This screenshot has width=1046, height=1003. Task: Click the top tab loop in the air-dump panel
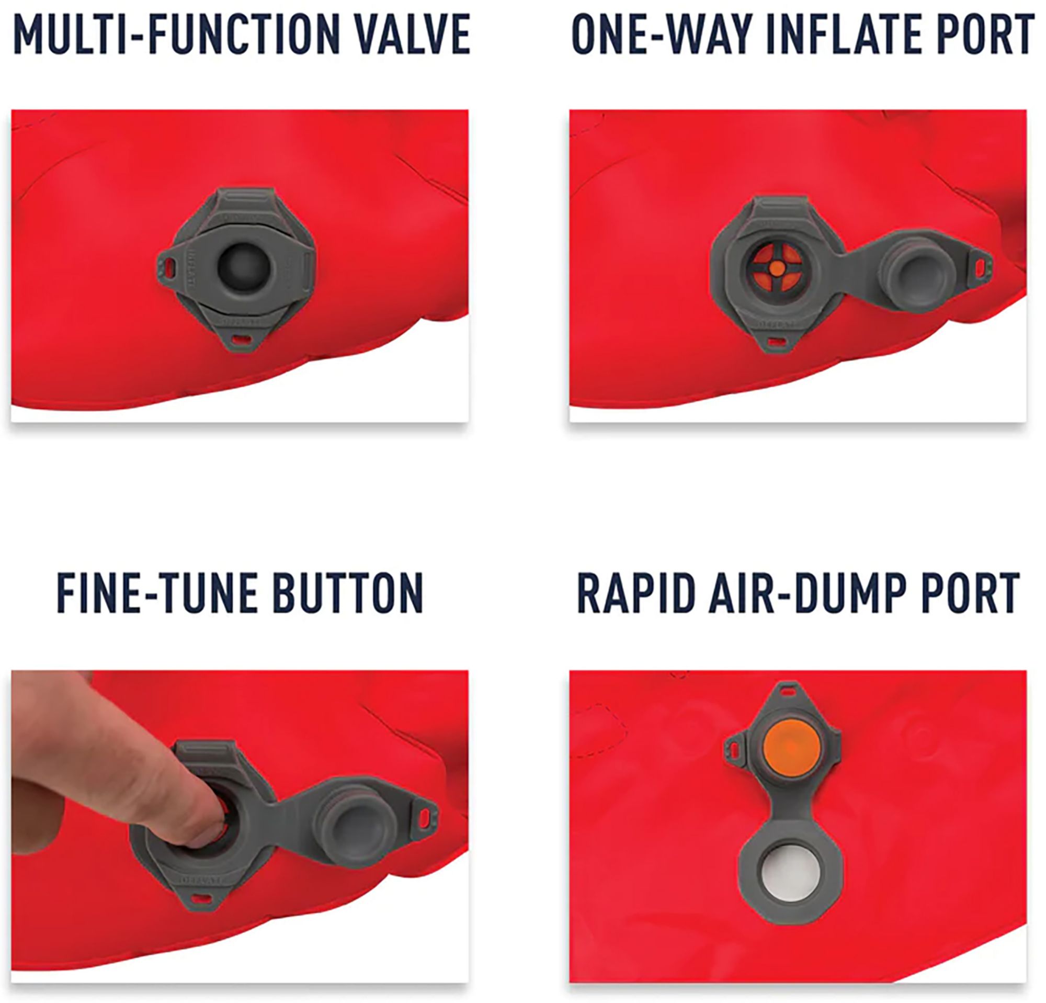786,690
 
